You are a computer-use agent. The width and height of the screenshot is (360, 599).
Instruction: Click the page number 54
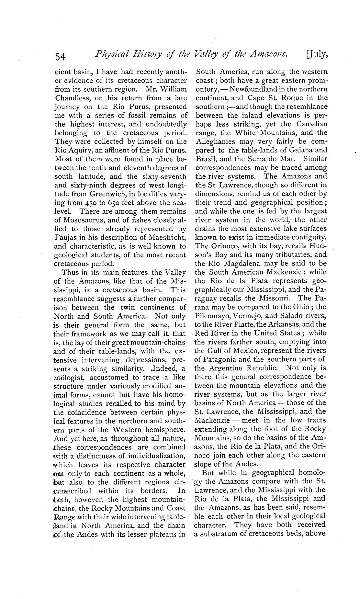(61, 57)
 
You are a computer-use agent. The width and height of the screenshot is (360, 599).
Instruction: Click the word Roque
(299, 98)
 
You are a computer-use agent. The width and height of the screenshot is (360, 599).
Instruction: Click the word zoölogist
(69, 377)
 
